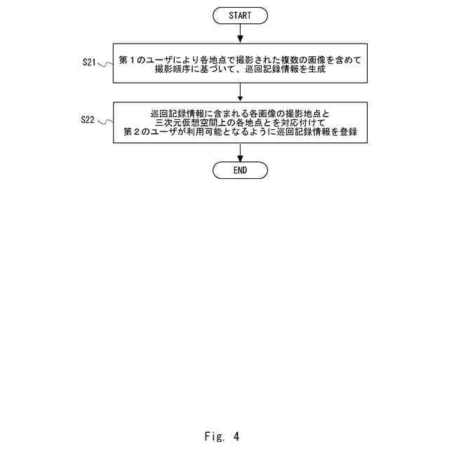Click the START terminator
[x=240, y=15]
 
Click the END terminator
[x=240, y=170]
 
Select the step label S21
[x=88, y=62]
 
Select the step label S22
[x=88, y=120]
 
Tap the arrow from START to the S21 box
[x=240, y=32]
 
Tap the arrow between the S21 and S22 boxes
[x=240, y=92]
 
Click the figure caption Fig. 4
[x=222, y=436]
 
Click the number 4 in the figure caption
[x=236, y=436]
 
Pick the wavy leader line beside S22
[x=105, y=122]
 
